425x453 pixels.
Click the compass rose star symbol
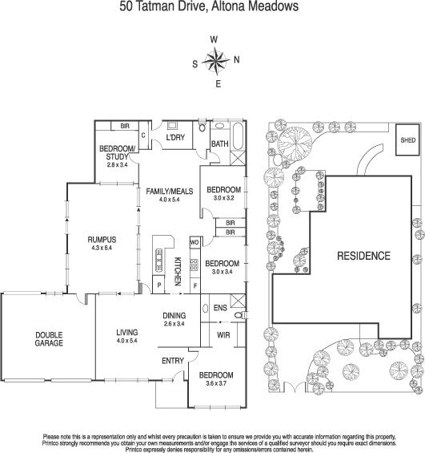tap(215, 60)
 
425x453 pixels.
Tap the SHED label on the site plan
tap(408, 140)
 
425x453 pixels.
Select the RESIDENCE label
tap(363, 257)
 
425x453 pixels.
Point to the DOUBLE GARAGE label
tap(49, 338)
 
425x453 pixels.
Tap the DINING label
tap(174, 315)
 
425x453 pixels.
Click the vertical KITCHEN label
tap(178, 273)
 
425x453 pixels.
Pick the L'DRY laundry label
tap(175, 138)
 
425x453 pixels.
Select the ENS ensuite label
tap(220, 307)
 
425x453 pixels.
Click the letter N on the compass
tap(235, 59)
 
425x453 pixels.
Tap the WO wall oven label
tap(194, 241)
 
